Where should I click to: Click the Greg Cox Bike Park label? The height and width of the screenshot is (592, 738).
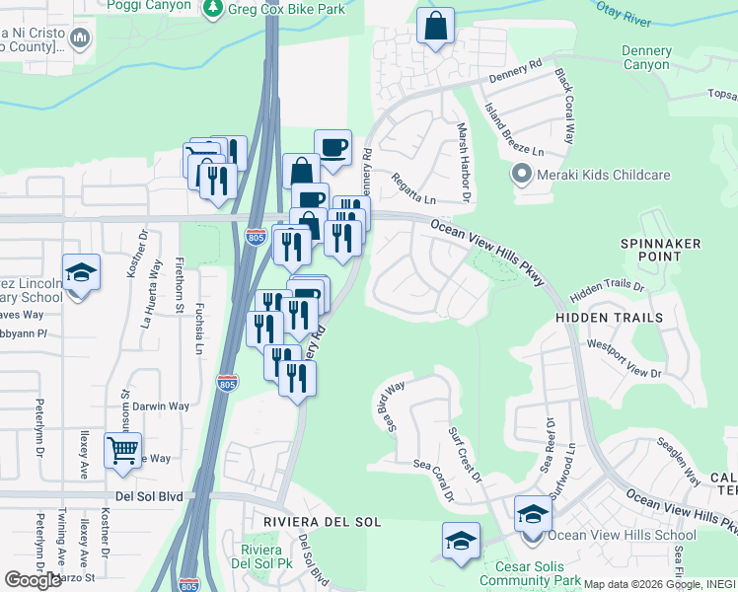286,10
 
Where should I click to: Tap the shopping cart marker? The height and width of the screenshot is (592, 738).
122,452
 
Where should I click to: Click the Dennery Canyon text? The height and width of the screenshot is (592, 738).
646,58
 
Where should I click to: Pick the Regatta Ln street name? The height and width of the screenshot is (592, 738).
414,185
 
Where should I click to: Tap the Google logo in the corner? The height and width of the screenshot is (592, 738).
33,580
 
